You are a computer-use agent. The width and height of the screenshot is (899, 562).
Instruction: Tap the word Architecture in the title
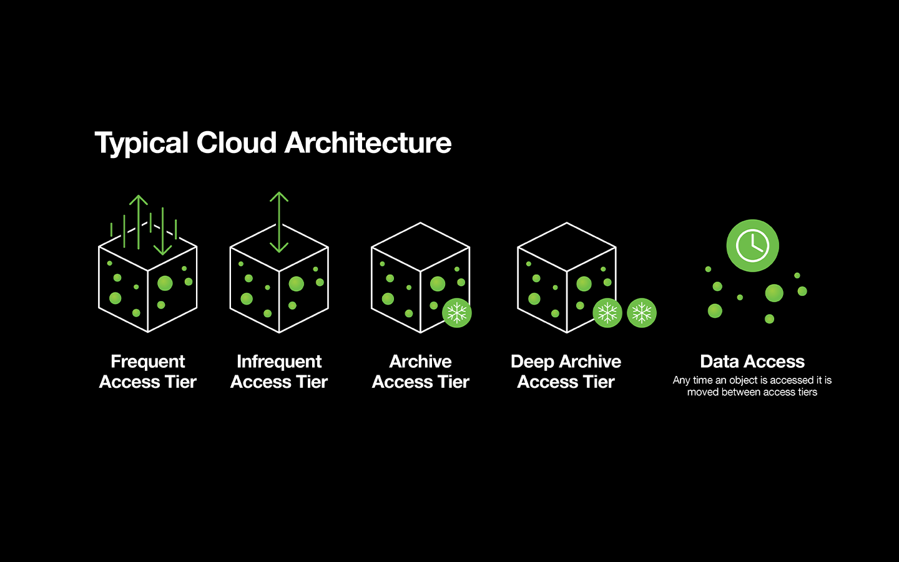(368, 143)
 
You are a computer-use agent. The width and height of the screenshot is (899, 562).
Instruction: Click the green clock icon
(752, 245)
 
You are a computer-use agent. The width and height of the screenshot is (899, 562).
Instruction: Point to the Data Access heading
(752, 362)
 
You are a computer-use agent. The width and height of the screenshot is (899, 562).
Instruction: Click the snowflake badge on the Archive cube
(457, 313)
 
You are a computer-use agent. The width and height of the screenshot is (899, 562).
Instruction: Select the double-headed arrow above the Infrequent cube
(279, 222)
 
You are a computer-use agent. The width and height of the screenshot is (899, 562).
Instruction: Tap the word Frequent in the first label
(148, 362)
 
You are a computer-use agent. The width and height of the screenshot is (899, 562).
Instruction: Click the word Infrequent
(279, 362)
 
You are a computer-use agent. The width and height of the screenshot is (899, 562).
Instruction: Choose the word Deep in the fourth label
(533, 362)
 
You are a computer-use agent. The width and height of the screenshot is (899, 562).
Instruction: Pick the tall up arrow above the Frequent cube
(139, 222)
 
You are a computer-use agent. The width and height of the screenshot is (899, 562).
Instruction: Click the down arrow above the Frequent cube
(162, 231)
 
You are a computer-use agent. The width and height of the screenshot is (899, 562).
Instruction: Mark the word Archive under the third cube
(420, 362)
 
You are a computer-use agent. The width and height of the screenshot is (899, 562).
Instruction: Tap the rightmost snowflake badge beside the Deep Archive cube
(642, 313)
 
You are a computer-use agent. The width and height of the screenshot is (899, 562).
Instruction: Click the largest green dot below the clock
(774, 293)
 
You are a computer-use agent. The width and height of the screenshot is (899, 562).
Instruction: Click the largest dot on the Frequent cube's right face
(165, 283)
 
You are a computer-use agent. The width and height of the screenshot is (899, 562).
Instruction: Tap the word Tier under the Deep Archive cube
(599, 382)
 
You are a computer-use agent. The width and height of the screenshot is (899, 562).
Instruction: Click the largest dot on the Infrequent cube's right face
(297, 284)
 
